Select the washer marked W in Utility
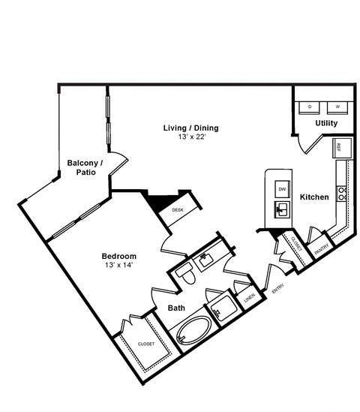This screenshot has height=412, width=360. pyautogui.click(x=337, y=107)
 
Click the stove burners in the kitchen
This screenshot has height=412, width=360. pyautogui.click(x=343, y=193)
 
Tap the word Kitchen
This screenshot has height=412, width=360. pyautogui.click(x=314, y=197)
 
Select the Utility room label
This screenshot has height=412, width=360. pyautogui.click(x=325, y=123)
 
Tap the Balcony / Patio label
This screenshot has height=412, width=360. pyautogui.click(x=85, y=167)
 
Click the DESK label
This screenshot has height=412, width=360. pyautogui.click(x=178, y=211)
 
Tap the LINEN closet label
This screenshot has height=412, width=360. pyautogui.click(x=249, y=298)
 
